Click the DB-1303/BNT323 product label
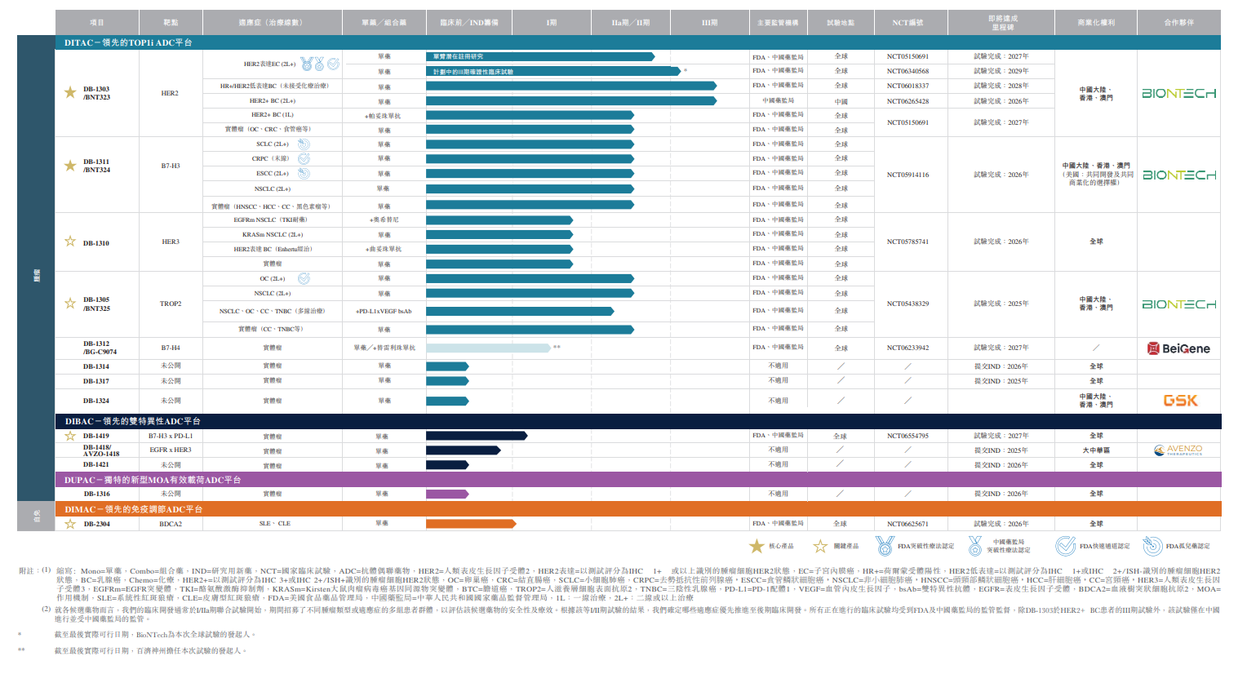[x=96, y=93]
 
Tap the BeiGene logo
[x=1178, y=348]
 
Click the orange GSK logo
[x=1180, y=401]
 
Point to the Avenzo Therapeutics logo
[x=1178, y=450]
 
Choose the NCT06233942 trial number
[x=908, y=348]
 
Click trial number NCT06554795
[x=908, y=436]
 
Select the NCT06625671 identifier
[x=908, y=524]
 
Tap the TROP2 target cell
[x=171, y=304]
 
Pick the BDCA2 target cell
[x=171, y=524]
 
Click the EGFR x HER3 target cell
[x=171, y=450]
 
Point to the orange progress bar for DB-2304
[x=470, y=524]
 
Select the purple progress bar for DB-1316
[x=446, y=494]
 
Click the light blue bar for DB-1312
[x=488, y=348]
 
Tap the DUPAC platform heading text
[x=153, y=480]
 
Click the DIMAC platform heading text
[x=134, y=509]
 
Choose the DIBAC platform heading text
[x=133, y=421]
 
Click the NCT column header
[x=908, y=23]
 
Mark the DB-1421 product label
[x=95, y=464]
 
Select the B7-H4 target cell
[x=171, y=348]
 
